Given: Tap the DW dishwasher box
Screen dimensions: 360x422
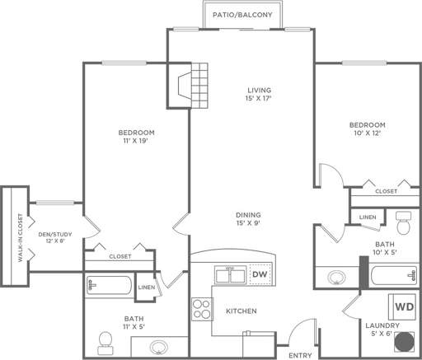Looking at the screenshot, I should point(260,274).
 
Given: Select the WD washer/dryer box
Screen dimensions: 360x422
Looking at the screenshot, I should point(404,306).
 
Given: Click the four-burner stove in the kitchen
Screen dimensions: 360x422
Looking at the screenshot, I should point(201,309).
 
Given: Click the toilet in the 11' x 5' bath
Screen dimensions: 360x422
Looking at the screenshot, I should point(105,339).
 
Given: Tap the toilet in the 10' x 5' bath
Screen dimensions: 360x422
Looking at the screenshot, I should point(403,222).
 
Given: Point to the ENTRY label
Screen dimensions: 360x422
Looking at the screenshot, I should point(300,355).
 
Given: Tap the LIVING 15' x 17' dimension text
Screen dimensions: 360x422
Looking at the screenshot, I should point(260,98).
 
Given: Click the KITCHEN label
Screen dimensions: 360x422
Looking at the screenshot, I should point(241,311).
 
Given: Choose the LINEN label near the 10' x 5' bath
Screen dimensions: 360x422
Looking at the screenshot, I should point(367,217).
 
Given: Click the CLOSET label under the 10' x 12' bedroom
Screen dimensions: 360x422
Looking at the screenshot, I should point(386,191).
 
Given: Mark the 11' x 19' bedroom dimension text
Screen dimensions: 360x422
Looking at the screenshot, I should point(137,141).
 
